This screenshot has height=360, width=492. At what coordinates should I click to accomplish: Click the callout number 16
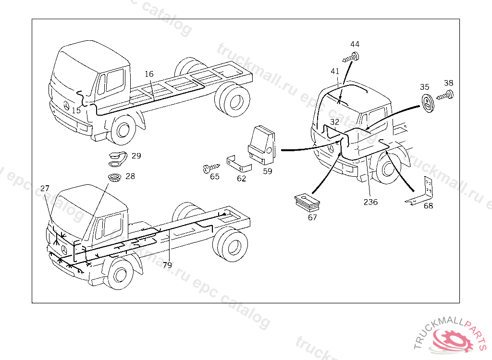point(149,74)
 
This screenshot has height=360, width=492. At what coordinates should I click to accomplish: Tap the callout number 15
point(76,110)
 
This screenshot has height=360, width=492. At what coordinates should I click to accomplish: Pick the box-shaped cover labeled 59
point(262,143)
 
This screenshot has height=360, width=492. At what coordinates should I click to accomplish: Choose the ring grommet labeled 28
point(115,177)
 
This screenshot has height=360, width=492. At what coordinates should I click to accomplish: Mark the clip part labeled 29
point(118,157)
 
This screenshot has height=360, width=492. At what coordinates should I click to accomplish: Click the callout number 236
point(370,202)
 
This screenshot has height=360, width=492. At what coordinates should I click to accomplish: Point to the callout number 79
point(167,264)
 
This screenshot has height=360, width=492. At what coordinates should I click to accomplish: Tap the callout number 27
point(45,189)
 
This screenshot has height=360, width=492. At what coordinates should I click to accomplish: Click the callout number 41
point(335,71)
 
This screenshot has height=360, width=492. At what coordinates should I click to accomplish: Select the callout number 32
point(334,122)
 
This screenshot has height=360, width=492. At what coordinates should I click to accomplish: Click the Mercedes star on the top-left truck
point(66,106)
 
